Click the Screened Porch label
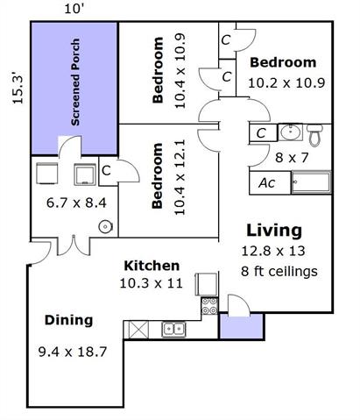[75, 82]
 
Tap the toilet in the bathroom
[314, 135]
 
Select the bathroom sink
[290, 132]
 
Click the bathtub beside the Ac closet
[311, 182]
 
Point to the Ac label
[267, 183]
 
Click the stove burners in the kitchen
[209, 306]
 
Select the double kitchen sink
[173, 329]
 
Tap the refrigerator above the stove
[206, 284]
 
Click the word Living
[274, 231]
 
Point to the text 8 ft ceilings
[279, 271]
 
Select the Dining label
[69, 320]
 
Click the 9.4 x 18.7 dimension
[73, 352]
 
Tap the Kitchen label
[152, 266]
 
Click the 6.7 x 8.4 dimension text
[76, 203]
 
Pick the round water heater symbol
[105, 227]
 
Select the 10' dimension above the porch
[74, 9]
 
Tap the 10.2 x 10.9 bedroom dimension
[286, 83]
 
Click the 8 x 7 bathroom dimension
[292, 158]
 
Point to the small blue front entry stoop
[242, 326]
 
